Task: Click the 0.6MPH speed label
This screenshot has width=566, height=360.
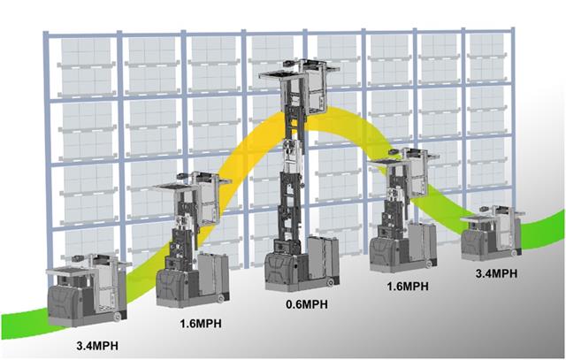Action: point(307,304)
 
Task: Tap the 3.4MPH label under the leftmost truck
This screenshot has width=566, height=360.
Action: point(97,346)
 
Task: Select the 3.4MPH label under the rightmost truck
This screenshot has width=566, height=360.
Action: point(496,273)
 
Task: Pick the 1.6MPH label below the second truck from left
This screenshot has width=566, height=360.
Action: point(201,323)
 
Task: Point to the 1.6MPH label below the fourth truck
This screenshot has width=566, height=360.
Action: point(408,287)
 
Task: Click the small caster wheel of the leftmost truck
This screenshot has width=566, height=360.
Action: point(118,317)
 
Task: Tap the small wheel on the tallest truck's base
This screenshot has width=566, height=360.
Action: point(330,283)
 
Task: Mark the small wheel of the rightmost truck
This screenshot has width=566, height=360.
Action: point(514,254)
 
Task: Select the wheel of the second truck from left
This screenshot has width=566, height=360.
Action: point(220,298)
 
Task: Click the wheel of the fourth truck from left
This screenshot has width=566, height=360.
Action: point(429,264)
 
